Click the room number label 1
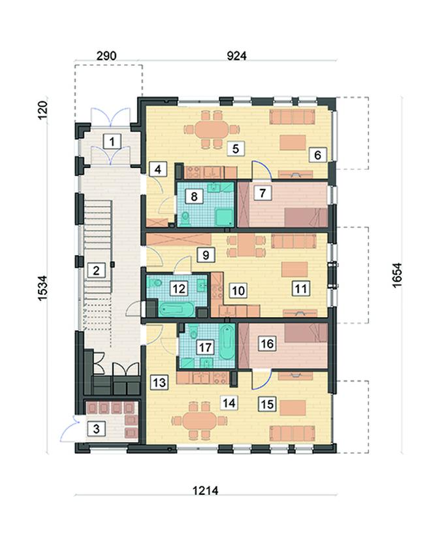(112, 142)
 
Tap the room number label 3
(96, 429)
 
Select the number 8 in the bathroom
(194, 196)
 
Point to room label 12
(179, 288)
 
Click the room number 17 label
(205, 347)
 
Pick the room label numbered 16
(267, 344)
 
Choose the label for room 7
(263, 192)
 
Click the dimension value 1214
(206, 490)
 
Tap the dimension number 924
(236, 56)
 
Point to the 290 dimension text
(106, 56)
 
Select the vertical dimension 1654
(397, 275)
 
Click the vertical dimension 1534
(42, 288)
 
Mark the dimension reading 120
(42, 110)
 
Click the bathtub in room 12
(176, 309)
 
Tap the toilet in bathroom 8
(186, 218)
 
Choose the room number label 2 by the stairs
(96, 270)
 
